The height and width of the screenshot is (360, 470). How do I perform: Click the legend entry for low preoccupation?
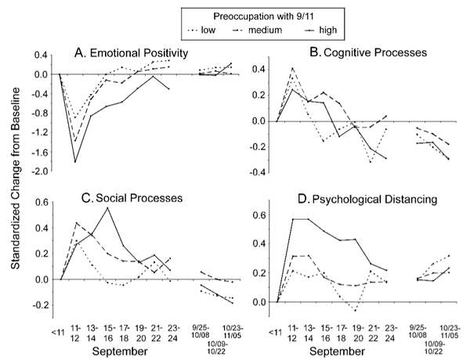[x=201, y=30]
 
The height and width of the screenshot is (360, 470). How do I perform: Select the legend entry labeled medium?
[x=257, y=30]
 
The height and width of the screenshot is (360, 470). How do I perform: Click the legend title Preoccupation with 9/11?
[x=263, y=16]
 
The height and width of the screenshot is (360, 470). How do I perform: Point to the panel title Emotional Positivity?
[x=132, y=53]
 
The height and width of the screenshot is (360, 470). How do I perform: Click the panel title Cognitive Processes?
[x=368, y=52]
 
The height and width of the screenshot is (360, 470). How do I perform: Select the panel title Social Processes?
[x=132, y=198]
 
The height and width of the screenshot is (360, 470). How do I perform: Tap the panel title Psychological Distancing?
[x=367, y=199]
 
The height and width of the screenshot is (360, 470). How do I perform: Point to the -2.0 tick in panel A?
[x=41, y=171]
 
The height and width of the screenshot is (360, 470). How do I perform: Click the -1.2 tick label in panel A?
[x=41, y=133]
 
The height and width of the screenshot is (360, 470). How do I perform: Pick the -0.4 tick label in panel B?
[x=258, y=173]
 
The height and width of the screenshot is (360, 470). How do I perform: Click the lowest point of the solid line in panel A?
[x=75, y=162]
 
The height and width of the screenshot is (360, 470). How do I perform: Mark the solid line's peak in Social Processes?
[x=107, y=208]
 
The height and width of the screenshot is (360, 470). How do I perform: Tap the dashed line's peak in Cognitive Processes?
[x=293, y=68]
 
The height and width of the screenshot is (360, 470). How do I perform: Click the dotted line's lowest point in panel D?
[x=356, y=311]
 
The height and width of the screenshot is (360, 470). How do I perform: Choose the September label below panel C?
[x=120, y=351]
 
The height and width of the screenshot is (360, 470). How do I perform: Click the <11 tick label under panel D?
[x=275, y=333]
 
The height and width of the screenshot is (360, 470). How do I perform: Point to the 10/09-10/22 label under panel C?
[x=217, y=347]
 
